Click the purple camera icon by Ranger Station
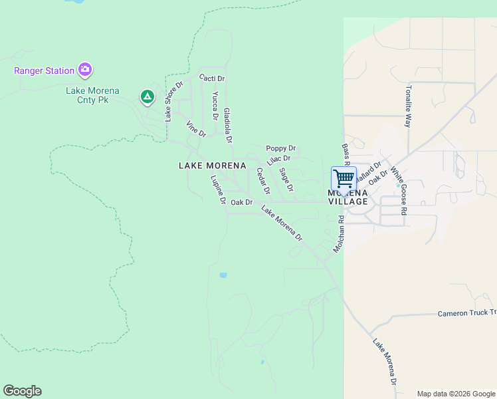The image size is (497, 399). pyautogui.click(x=84, y=69)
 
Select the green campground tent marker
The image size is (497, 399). pyautogui.click(x=147, y=98)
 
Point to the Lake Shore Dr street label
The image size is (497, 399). pyautogui.click(x=173, y=102)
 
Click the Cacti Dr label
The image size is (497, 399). pyautogui.click(x=212, y=78)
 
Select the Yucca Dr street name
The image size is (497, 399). pyautogui.click(x=215, y=105)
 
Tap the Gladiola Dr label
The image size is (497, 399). pyautogui.click(x=227, y=126)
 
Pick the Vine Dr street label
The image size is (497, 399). pyautogui.click(x=196, y=129)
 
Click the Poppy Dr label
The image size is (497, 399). pyautogui.click(x=280, y=148)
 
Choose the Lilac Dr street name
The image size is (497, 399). pyautogui.click(x=278, y=160)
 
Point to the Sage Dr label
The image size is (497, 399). pyautogui.click(x=286, y=180)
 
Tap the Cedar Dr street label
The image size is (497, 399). pyautogui.click(x=263, y=181)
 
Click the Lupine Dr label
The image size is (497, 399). pyautogui.click(x=219, y=190)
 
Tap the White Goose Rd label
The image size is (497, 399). pyautogui.click(x=398, y=190)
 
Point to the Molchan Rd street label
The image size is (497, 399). pyautogui.click(x=340, y=233)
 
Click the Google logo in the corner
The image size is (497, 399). pyautogui.click(x=22, y=391)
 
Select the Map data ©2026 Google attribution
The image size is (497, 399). pyautogui.click(x=455, y=394)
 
